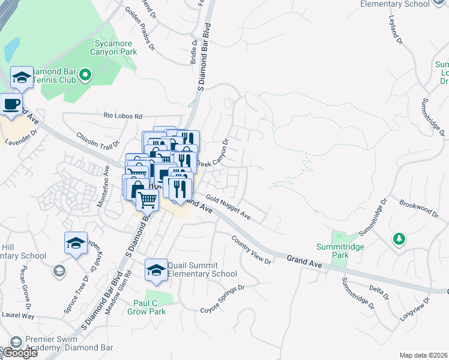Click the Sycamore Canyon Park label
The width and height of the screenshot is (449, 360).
click(x=116, y=47)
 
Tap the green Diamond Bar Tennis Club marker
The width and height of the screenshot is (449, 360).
click(x=85, y=75)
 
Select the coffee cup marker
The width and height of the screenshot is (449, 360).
click(x=10, y=104)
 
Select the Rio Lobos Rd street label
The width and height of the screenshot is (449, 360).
click(x=122, y=116)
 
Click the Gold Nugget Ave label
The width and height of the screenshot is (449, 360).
click(x=228, y=206)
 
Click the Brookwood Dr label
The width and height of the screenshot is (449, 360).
click(x=419, y=208)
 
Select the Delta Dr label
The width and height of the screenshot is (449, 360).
click(x=379, y=292)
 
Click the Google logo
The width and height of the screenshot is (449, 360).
click(x=20, y=353)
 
